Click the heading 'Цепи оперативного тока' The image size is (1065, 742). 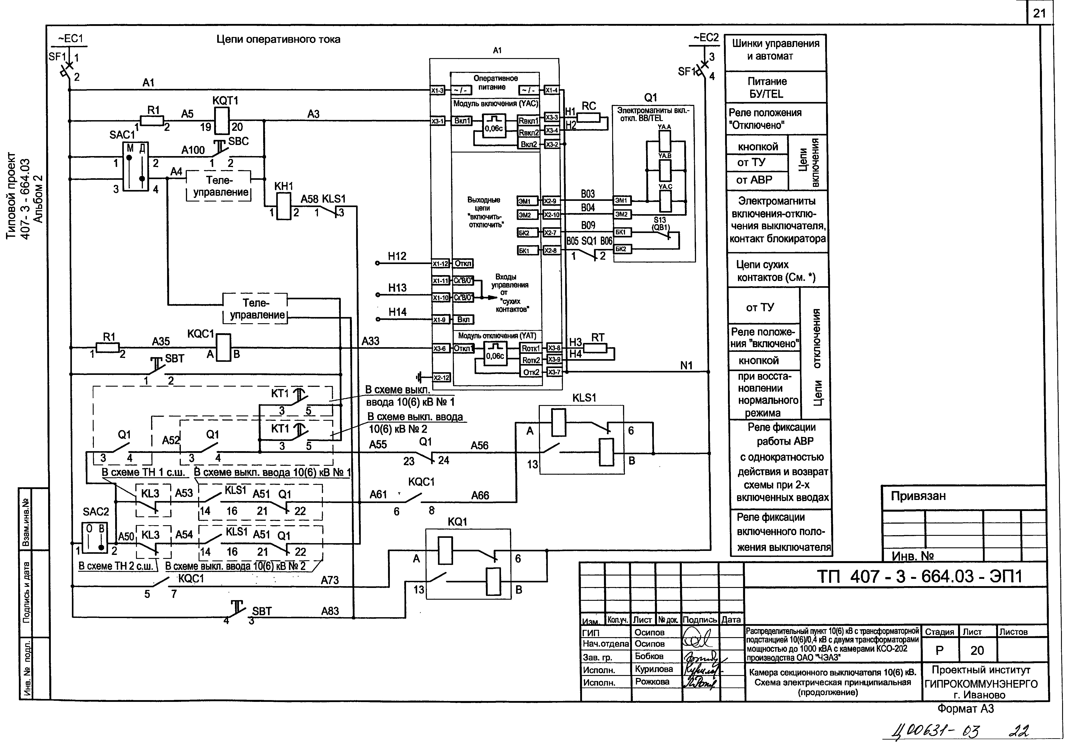(x=278, y=39)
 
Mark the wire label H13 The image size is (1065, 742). (x=397, y=288)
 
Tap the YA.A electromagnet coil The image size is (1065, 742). (x=665, y=141)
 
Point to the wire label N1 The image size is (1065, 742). (x=686, y=366)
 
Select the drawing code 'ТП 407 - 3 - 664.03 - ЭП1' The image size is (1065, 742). (x=919, y=576)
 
